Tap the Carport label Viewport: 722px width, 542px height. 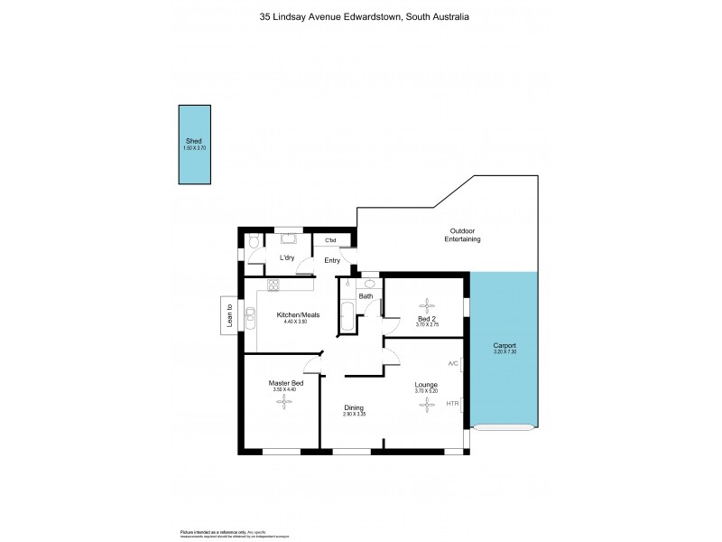(504, 346)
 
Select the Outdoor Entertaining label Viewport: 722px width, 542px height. (462, 235)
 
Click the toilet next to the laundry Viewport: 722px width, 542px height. (255, 241)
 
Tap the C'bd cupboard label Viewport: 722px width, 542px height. (331, 240)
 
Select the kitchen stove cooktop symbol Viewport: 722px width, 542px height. (273, 286)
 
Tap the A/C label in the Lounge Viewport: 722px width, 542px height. (453, 365)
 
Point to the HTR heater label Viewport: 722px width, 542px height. (452, 403)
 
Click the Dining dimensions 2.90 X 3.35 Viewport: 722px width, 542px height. (354, 415)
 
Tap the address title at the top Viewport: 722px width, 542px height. (361, 16)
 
